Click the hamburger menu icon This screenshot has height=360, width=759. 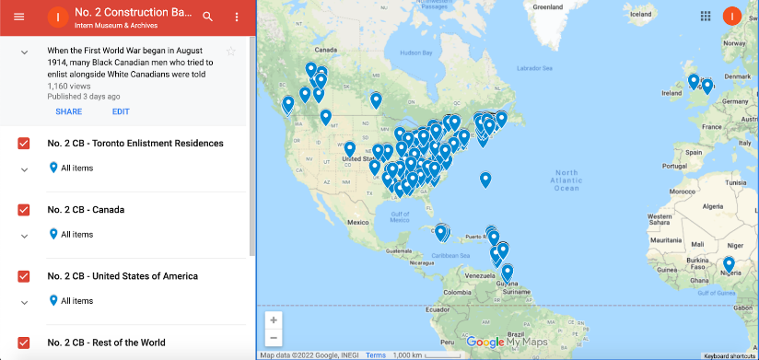point(18,17)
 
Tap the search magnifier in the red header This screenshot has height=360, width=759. point(207,17)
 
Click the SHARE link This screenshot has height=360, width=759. point(68,111)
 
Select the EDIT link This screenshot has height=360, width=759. point(121,111)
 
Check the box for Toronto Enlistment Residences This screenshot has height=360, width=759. point(24,144)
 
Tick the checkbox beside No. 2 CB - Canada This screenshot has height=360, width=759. point(24,210)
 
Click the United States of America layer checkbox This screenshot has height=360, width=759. point(24,276)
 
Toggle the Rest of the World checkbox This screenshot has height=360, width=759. point(24,343)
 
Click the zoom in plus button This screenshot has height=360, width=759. point(274,319)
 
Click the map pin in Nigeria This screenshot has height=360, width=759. point(729,264)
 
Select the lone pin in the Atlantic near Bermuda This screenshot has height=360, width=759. point(485,179)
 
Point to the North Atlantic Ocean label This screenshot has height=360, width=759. point(566,180)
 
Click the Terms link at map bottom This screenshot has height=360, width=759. point(375,354)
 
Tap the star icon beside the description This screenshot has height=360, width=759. point(231,51)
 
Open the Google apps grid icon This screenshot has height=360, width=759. point(706,16)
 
